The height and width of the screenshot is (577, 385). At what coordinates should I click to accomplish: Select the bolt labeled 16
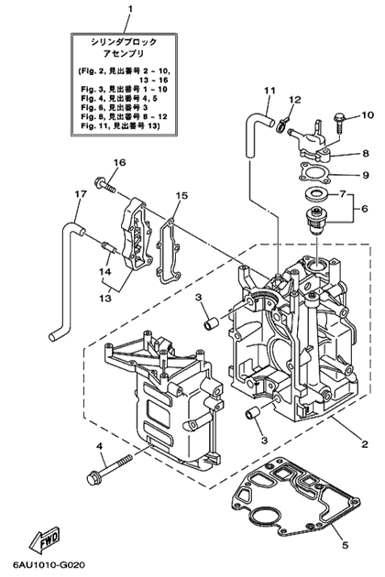point(106,184)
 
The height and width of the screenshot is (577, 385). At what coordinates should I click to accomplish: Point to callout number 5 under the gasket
point(345,545)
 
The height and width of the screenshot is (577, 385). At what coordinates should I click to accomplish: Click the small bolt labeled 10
point(339,124)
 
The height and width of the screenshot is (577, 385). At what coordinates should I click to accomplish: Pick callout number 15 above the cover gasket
point(181,196)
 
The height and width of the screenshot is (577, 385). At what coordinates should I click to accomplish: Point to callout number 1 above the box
point(129,7)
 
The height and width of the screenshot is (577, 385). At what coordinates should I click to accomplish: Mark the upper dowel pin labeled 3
point(212,324)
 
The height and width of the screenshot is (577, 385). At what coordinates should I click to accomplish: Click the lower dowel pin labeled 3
point(252,414)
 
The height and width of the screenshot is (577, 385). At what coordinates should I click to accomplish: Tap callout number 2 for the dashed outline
point(364,444)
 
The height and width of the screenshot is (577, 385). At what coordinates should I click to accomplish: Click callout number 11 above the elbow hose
point(269,91)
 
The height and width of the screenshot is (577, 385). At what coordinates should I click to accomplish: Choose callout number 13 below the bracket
point(105,298)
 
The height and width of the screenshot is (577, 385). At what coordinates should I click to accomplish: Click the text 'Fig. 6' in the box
point(90,107)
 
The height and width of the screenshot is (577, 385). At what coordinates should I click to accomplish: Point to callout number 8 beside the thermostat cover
point(365,154)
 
